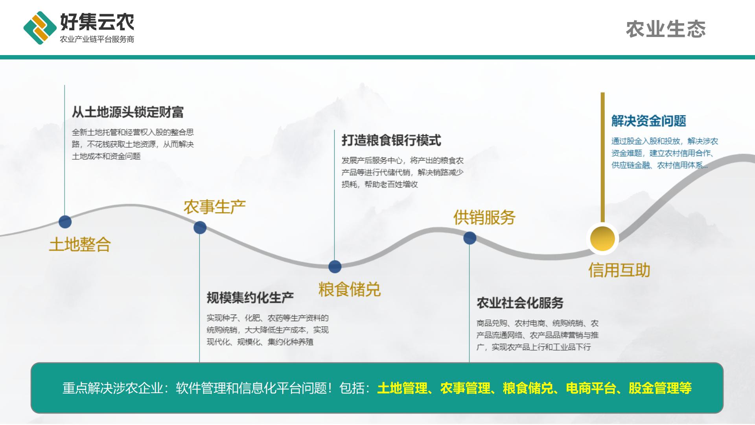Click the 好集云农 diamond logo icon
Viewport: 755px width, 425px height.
point(40,28)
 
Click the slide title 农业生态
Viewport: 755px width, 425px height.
point(666,30)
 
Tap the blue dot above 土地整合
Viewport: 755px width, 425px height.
point(65,222)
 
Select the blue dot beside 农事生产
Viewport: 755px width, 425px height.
point(200,227)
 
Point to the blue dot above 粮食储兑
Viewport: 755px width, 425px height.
point(335,266)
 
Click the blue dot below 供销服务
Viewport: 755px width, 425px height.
point(470,238)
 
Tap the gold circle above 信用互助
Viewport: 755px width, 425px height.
point(602,238)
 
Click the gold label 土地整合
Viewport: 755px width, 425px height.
point(80,245)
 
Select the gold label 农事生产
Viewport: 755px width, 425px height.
point(215,207)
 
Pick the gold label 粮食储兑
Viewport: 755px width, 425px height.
point(350,289)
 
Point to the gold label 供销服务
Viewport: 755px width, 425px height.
point(484,217)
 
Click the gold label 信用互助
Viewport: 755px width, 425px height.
point(619,270)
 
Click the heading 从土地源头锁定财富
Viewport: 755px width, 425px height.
point(128,112)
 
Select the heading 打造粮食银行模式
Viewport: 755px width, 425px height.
point(391,140)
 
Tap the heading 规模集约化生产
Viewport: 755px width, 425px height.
point(250,297)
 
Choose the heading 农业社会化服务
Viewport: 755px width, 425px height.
point(520,303)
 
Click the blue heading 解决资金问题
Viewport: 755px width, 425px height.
point(649,121)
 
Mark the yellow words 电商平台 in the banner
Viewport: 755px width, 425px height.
point(591,388)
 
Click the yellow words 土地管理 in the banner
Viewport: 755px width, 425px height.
point(402,388)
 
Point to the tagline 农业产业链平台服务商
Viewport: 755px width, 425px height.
point(97,39)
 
